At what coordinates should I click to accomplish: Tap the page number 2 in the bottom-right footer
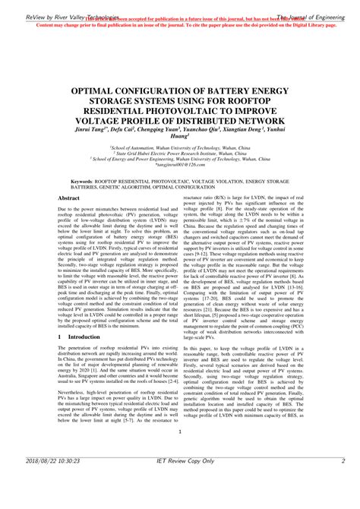point(343,482)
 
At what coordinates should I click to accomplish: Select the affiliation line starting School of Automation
point(179,147)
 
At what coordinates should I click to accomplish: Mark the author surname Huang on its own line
point(179,139)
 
